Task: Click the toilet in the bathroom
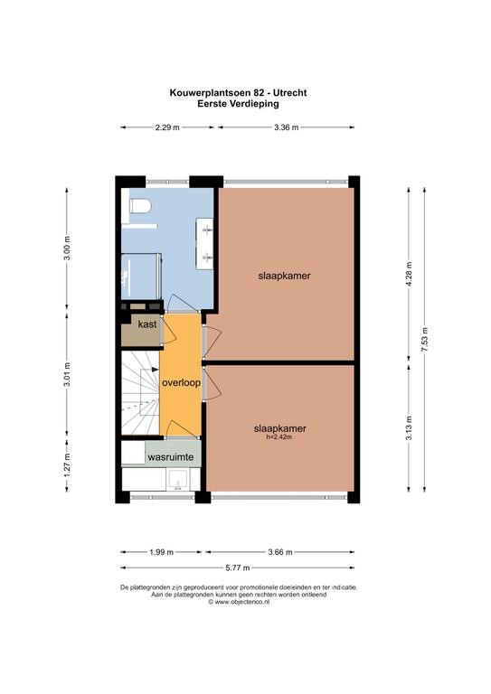click(x=141, y=206)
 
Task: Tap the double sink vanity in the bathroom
click(x=205, y=243)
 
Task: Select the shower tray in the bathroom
click(x=141, y=276)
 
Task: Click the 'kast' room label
click(x=147, y=324)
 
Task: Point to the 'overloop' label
click(x=181, y=383)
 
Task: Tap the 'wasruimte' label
click(x=171, y=456)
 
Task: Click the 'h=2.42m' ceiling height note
click(x=278, y=436)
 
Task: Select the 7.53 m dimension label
click(x=425, y=340)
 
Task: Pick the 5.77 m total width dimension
click(x=237, y=567)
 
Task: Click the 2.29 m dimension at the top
click(x=167, y=127)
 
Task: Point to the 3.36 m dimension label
click(x=286, y=127)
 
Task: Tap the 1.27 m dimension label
click(x=67, y=464)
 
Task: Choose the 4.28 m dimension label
click(x=409, y=274)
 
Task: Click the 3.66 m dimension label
click(x=280, y=552)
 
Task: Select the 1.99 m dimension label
click(x=162, y=552)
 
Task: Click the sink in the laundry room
click(x=178, y=480)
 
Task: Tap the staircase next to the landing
click(x=140, y=393)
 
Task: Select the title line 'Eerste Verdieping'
click(x=238, y=104)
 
